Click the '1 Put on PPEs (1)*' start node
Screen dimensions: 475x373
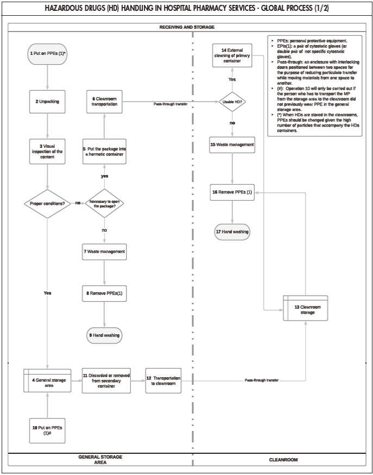[x=48, y=54]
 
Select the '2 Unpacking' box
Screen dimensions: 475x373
[x=48, y=102]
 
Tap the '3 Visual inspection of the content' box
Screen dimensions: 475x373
[x=48, y=152]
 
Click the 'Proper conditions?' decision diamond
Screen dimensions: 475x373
[x=48, y=203]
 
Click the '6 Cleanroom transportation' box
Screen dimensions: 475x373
[x=104, y=102]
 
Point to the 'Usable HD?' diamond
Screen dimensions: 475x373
[x=232, y=102]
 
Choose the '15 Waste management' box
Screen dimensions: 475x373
[x=232, y=145]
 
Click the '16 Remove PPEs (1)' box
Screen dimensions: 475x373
[x=232, y=192]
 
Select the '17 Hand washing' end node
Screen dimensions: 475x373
[x=232, y=232]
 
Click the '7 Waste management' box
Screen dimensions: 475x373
[x=104, y=252]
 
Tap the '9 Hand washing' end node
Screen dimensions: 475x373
[x=104, y=335]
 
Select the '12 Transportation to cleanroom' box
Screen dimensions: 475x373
[x=163, y=380]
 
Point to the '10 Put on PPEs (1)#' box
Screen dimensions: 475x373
[x=48, y=430]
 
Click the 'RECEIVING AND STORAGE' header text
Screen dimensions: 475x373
[x=186, y=27]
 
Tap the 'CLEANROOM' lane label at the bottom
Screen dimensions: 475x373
[x=283, y=460]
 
